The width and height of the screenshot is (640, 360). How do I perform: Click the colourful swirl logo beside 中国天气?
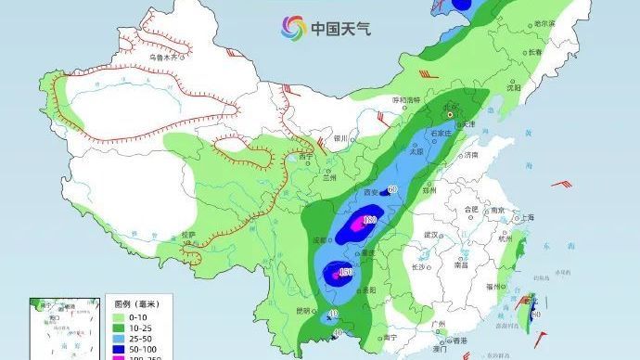tap(294, 28)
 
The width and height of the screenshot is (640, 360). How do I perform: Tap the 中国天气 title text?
tap(340, 29)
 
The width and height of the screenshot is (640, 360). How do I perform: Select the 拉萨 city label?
tap(189, 236)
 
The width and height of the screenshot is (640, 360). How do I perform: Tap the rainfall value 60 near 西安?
tap(391, 189)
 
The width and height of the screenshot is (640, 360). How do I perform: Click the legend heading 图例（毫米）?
tap(133, 303)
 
